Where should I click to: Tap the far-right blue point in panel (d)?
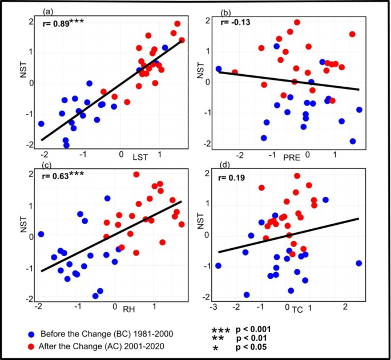358,263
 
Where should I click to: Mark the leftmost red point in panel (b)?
235,72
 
